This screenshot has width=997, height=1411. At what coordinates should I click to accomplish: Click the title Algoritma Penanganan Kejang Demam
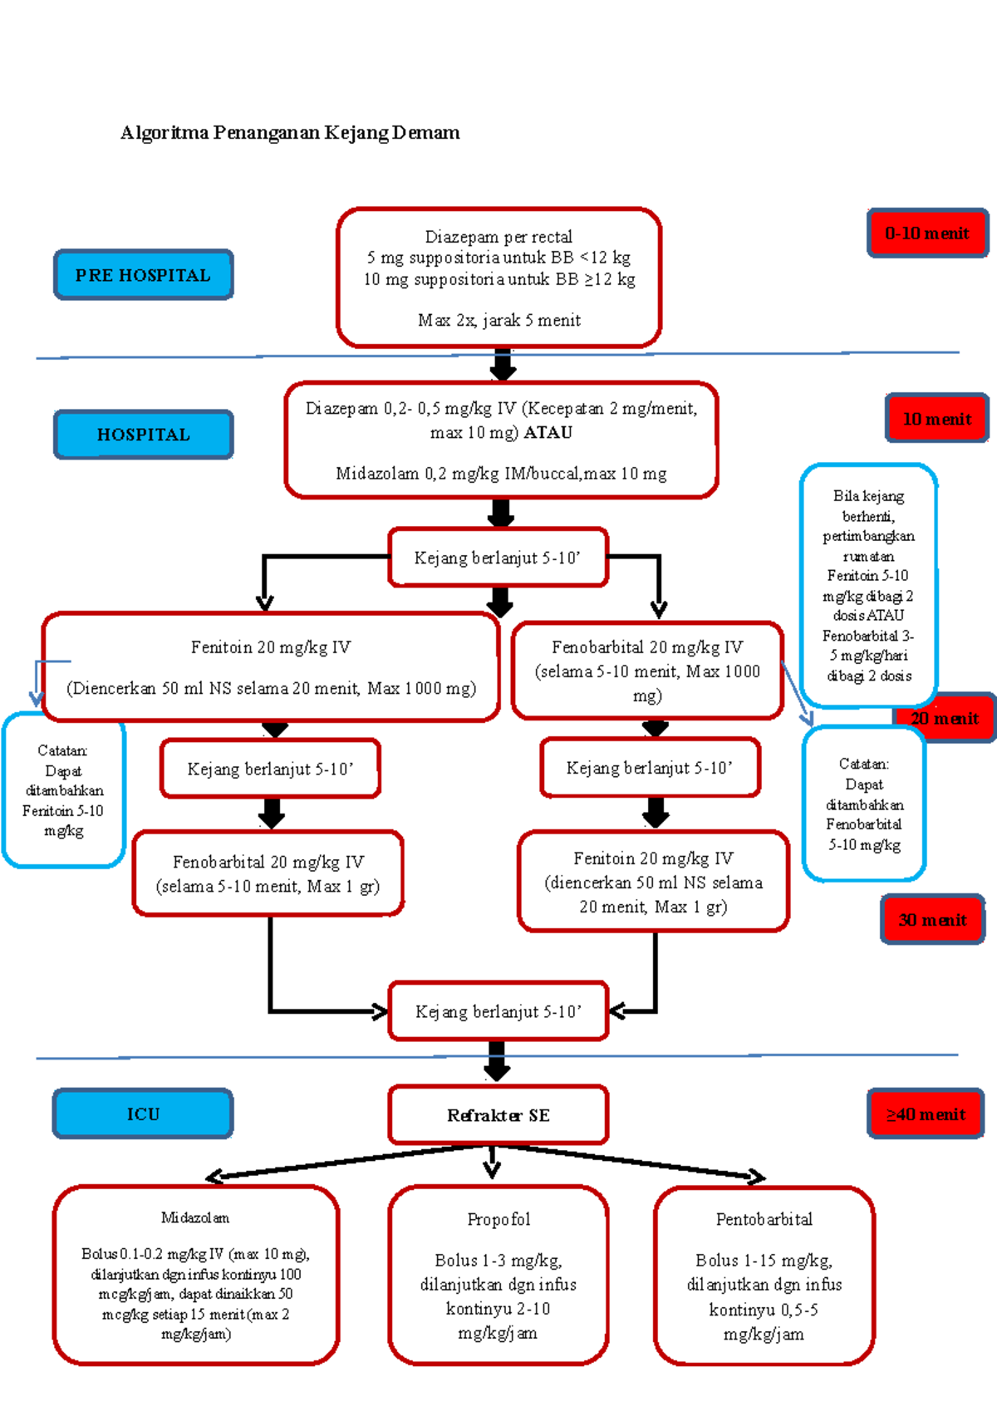[x=290, y=132]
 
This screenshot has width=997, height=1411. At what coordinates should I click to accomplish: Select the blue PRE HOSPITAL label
[x=144, y=275]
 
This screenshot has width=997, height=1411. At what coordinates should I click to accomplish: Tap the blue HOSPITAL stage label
[x=144, y=434]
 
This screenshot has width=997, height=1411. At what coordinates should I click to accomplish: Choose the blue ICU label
[x=143, y=1114]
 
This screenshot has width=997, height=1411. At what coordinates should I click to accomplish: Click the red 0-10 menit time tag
[x=927, y=233]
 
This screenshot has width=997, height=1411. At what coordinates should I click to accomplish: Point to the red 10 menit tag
[x=936, y=418]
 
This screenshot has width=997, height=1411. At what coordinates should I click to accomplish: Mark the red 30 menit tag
[x=932, y=920]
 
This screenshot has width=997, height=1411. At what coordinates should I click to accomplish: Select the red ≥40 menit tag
[x=926, y=1114]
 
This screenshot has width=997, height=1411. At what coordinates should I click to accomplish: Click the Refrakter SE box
[x=498, y=1115]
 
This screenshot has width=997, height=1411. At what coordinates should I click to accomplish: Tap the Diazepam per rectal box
[x=498, y=278]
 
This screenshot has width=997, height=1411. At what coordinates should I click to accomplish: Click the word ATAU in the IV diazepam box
[x=548, y=433]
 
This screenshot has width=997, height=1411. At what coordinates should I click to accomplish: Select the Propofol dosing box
[x=498, y=1276]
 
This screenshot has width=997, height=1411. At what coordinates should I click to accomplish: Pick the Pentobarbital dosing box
[x=764, y=1276]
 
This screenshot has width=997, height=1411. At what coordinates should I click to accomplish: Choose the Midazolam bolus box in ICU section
[x=196, y=1276]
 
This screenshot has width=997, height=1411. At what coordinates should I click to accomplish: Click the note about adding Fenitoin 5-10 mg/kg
[x=64, y=790]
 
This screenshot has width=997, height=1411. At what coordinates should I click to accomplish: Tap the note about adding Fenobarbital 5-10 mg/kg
[x=863, y=804]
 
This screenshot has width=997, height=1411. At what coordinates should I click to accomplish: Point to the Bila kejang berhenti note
[x=868, y=585]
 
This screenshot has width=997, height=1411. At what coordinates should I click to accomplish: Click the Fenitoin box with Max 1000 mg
[x=271, y=667]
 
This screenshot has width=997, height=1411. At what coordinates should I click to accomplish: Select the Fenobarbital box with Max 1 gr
[x=268, y=873]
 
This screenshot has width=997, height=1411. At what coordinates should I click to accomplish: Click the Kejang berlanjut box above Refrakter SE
[x=498, y=1011]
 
